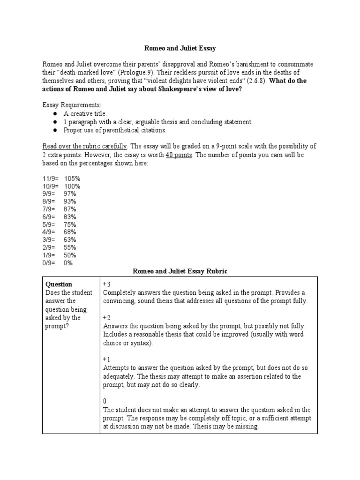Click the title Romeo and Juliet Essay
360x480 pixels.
pos(180,48)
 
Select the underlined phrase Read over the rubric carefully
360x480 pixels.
pos(85,146)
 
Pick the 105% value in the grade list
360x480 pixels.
pos(73,179)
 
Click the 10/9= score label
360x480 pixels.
pos(50,186)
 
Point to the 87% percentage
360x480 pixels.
pos(71,209)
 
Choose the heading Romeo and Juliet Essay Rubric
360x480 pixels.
pos(180,271)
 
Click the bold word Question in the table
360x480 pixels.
pos(58,284)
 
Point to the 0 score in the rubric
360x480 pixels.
pos(105,401)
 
